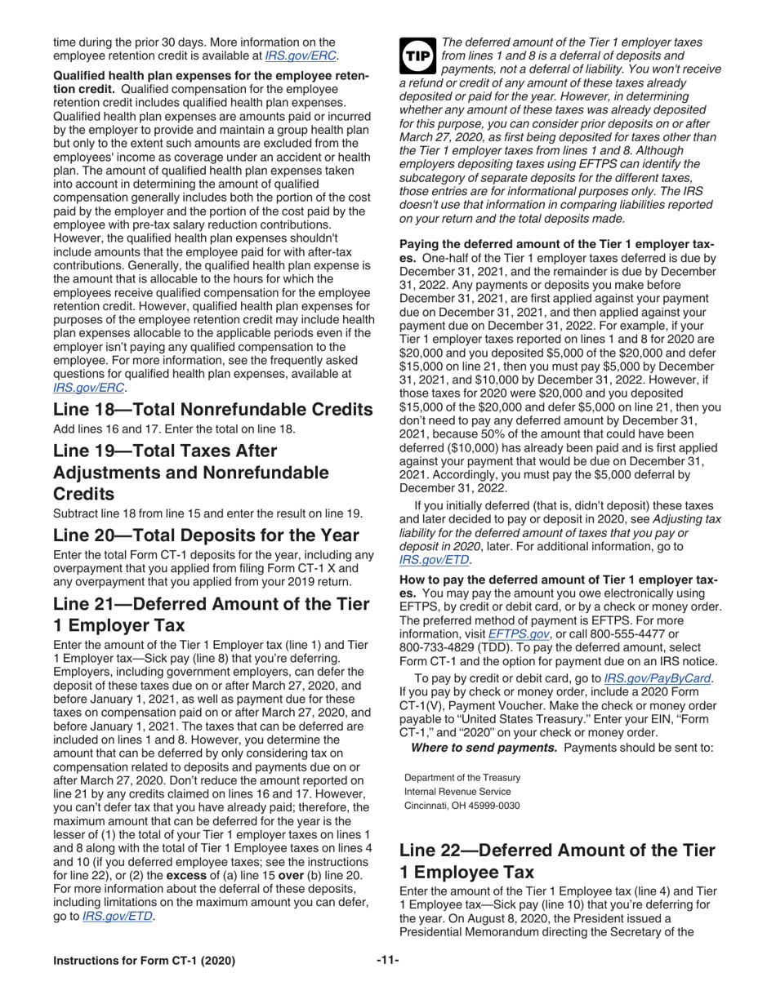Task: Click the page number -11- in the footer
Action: pos(387,960)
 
